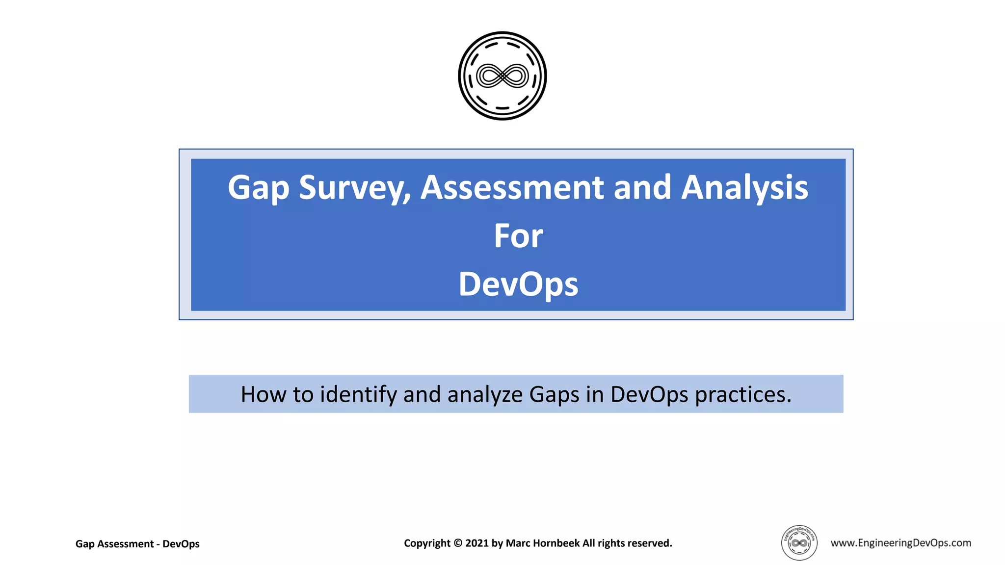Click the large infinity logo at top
point(502,76)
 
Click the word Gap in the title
point(258,188)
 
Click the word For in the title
point(518,236)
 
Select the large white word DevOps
point(518,285)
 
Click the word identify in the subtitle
point(358,395)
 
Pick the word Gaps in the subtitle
point(554,395)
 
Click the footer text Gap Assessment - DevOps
point(137,544)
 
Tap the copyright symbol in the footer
point(457,543)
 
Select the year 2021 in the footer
point(477,543)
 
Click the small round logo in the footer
point(799,543)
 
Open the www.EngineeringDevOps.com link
point(900,543)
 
